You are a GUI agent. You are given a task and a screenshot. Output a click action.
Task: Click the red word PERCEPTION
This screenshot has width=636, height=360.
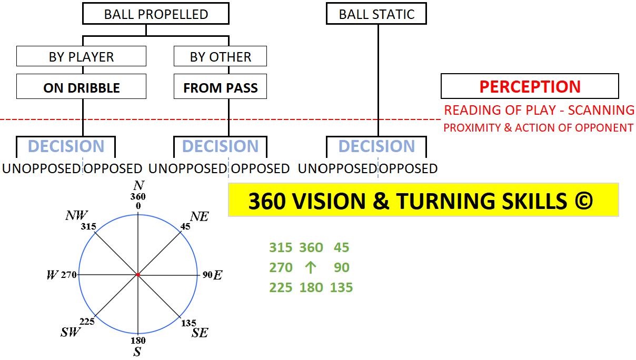pyautogui.click(x=530, y=87)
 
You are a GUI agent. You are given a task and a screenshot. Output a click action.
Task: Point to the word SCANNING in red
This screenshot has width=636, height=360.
pyautogui.click(x=601, y=110)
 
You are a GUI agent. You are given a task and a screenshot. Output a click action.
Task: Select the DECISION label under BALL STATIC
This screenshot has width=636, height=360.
pyautogui.click(x=376, y=146)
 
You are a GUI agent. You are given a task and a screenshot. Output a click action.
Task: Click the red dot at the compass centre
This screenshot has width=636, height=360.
pyautogui.click(x=138, y=275)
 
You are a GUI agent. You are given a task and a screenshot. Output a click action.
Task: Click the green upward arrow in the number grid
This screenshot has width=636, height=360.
pyautogui.click(x=310, y=267)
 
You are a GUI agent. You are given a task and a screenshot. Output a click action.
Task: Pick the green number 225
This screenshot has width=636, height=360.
pyautogui.click(x=281, y=287)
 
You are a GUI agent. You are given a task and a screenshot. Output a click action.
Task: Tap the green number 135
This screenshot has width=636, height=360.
pyautogui.click(x=341, y=287)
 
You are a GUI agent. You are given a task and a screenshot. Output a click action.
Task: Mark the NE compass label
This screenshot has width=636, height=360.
pyautogui.click(x=200, y=216)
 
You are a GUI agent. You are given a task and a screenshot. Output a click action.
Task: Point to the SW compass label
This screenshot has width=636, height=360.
pyautogui.click(x=71, y=332)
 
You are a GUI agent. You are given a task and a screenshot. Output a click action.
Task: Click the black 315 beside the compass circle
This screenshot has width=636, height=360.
pyautogui.click(x=88, y=226)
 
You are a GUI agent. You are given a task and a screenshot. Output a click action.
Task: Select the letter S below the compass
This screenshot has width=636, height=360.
pyautogui.click(x=137, y=352)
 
